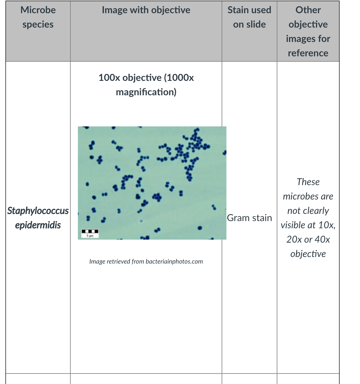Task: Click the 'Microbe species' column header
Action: pos(38,17)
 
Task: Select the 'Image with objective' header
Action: pos(146,10)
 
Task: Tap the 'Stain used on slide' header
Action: pos(249,17)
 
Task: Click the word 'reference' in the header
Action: pos(308,53)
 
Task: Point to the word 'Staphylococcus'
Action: pos(38,211)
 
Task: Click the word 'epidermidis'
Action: pos(38,225)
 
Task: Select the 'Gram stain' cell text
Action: pos(249,218)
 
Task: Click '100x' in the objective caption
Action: pos(109,78)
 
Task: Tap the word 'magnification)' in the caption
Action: pos(146,92)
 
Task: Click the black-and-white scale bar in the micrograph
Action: pos(90,231)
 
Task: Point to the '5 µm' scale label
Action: pos(90,236)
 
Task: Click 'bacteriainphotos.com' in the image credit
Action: pos(174,261)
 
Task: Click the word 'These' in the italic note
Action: pos(308,182)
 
